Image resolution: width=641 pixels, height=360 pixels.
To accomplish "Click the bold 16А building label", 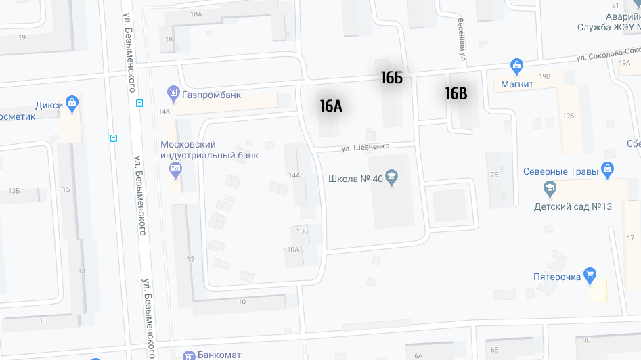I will (x=331, y=106).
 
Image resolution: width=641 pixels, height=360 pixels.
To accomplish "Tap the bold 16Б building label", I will (x=391, y=78).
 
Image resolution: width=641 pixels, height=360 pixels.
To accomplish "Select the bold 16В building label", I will (x=456, y=93).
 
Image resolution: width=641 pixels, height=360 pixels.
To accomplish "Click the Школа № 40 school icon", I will (x=391, y=179).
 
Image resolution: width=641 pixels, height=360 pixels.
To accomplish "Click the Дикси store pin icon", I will (x=72, y=104).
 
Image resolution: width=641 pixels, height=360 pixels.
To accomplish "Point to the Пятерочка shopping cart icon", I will (x=590, y=274).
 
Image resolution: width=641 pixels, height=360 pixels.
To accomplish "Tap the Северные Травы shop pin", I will (x=607, y=168).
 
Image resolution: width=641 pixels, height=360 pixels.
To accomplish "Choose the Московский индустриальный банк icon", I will (x=176, y=171).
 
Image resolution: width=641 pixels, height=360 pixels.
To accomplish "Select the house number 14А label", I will (x=294, y=175).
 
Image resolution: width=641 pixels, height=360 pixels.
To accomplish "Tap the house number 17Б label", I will (x=491, y=175).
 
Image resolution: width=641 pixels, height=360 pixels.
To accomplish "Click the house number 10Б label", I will (x=301, y=231).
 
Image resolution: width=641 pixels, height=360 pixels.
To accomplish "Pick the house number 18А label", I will (x=196, y=14).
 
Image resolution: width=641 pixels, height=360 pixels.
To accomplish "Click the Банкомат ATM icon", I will (x=189, y=355).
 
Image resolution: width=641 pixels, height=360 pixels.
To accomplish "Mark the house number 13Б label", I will (x=14, y=192).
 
